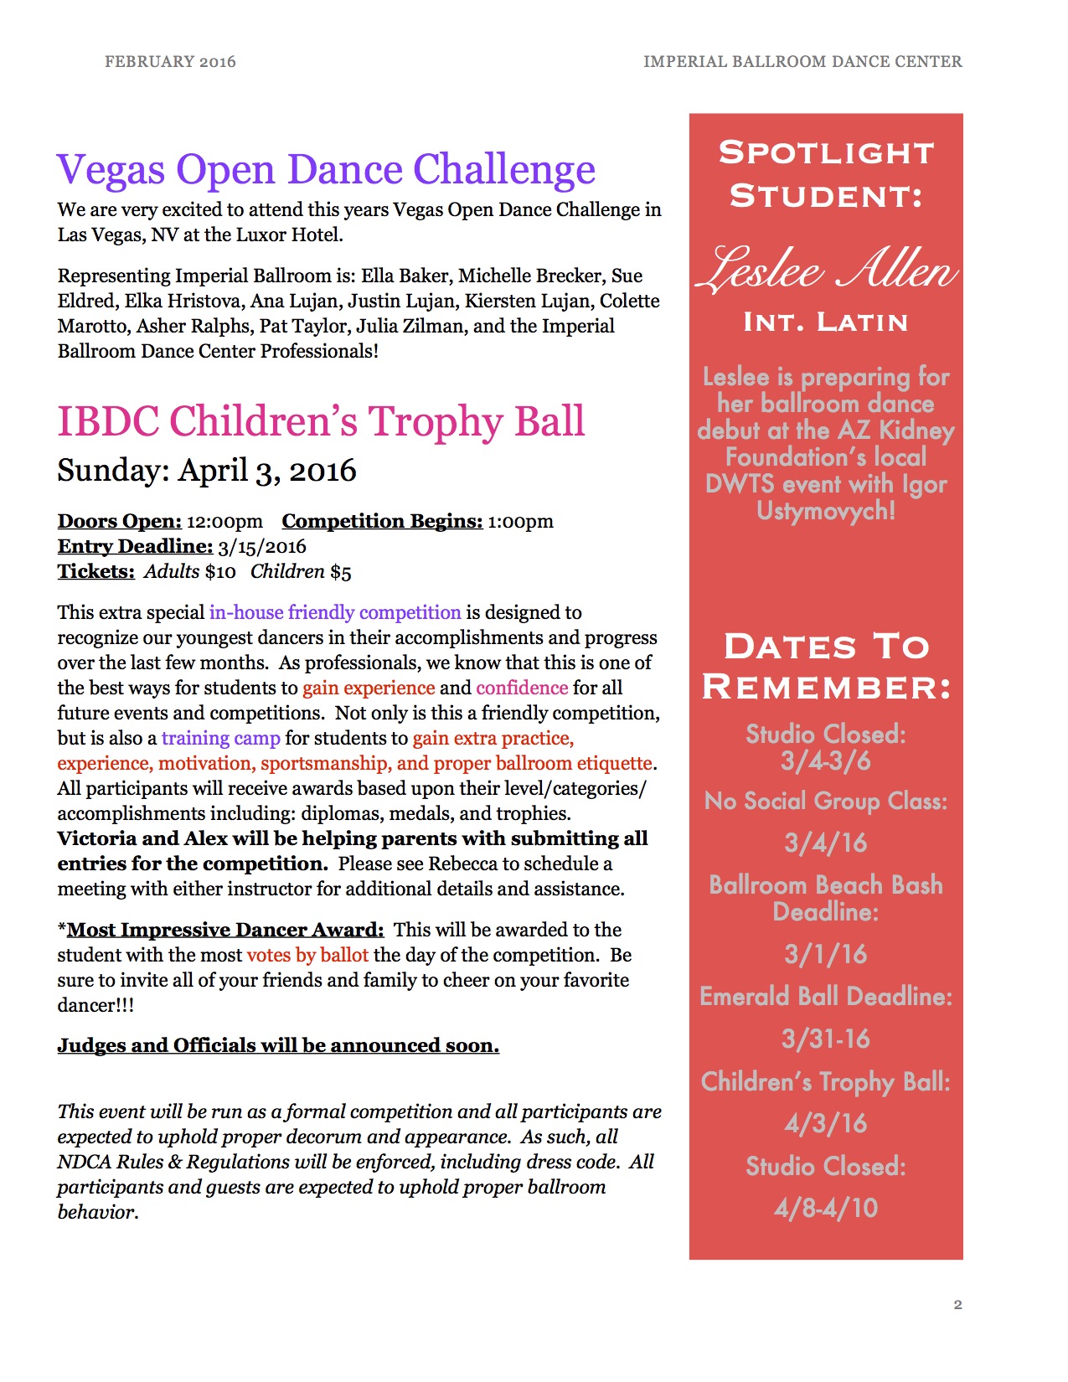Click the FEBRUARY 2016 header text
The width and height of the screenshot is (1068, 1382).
coord(170,62)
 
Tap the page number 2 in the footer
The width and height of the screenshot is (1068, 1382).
coord(957,1304)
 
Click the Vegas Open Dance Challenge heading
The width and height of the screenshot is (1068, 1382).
coord(326,169)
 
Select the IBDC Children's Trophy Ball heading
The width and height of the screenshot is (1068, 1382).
coord(321,421)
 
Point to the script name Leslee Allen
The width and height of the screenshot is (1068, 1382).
coord(826,270)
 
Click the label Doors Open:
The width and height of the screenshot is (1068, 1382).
coord(119,521)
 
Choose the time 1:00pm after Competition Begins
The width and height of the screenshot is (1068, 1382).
coord(520,521)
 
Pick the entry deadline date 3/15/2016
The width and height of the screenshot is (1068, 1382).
coord(262,546)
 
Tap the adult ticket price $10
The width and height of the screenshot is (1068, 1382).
coord(220,572)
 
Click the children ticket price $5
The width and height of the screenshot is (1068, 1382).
coord(341,572)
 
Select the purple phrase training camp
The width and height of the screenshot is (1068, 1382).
coord(220,738)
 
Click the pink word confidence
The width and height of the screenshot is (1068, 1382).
coord(522,688)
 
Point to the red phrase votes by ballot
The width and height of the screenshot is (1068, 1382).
coord(307,955)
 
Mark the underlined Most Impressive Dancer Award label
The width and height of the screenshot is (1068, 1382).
coord(224,930)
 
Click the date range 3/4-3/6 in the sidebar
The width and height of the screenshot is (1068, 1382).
coord(825,761)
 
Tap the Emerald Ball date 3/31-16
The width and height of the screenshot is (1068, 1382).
coord(825,1039)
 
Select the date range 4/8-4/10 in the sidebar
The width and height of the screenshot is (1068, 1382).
coord(825,1208)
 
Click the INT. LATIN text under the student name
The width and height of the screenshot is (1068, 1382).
coord(825,322)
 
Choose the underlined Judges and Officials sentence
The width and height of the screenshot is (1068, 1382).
coord(278,1045)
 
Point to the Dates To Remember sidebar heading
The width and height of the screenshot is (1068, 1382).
coord(826,666)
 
